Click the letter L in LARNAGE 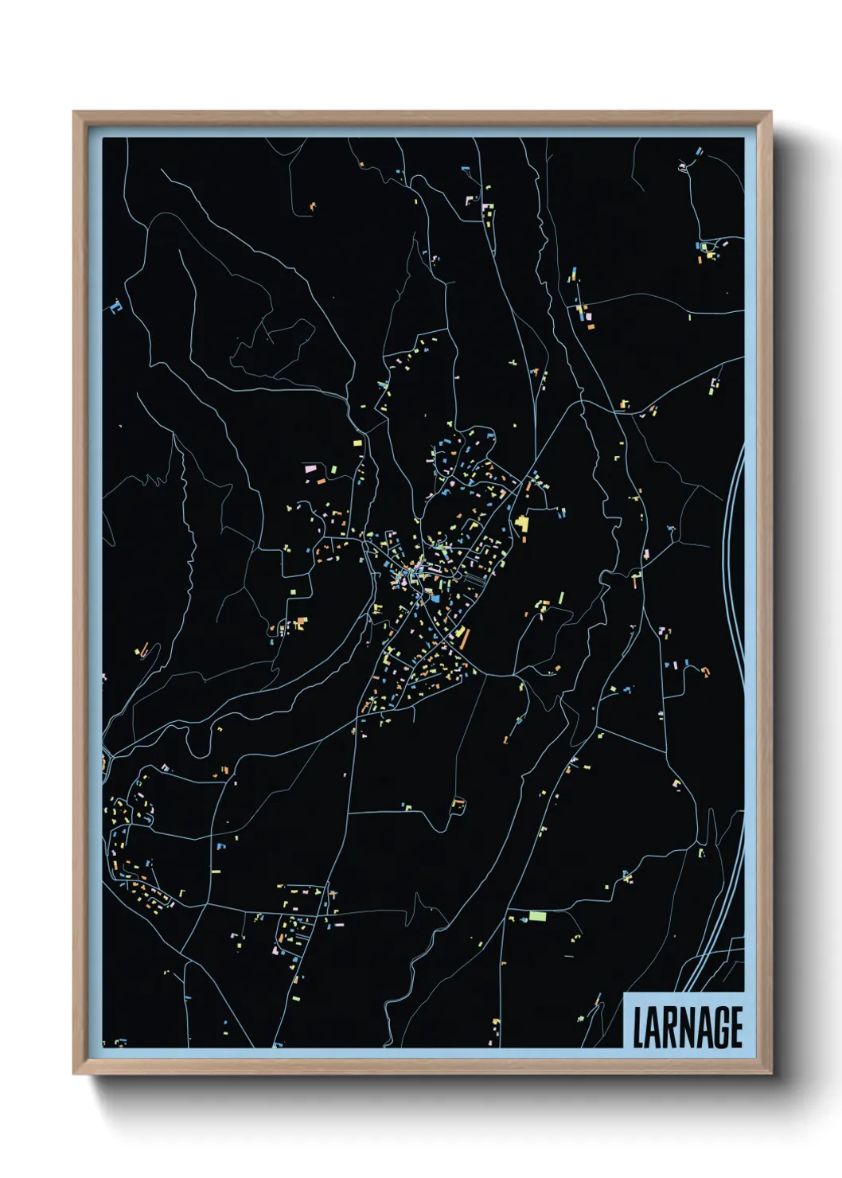click(638, 1028)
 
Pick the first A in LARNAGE click(653, 1028)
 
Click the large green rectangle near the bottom click(538, 916)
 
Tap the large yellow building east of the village click(522, 523)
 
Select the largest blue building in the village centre click(435, 597)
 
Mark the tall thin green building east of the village click(561, 597)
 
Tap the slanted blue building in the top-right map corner click(700, 150)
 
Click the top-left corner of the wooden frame click(74, 112)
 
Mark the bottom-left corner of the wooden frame click(74, 1074)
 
